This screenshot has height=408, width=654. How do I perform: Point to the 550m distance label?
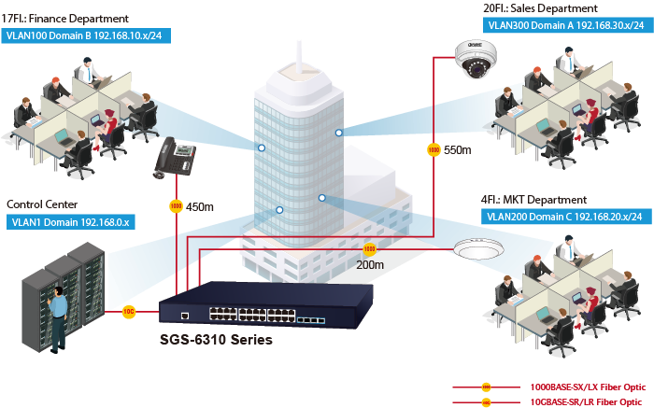coord(458,150)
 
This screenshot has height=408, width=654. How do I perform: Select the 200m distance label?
coord(371,264)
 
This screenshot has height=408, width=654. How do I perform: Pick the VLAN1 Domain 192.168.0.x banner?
coord(71,222)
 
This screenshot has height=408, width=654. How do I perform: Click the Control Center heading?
coord(42,204)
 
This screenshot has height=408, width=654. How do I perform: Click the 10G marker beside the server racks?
coord(129,313)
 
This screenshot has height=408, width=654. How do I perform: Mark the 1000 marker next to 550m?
coord(434,149)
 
